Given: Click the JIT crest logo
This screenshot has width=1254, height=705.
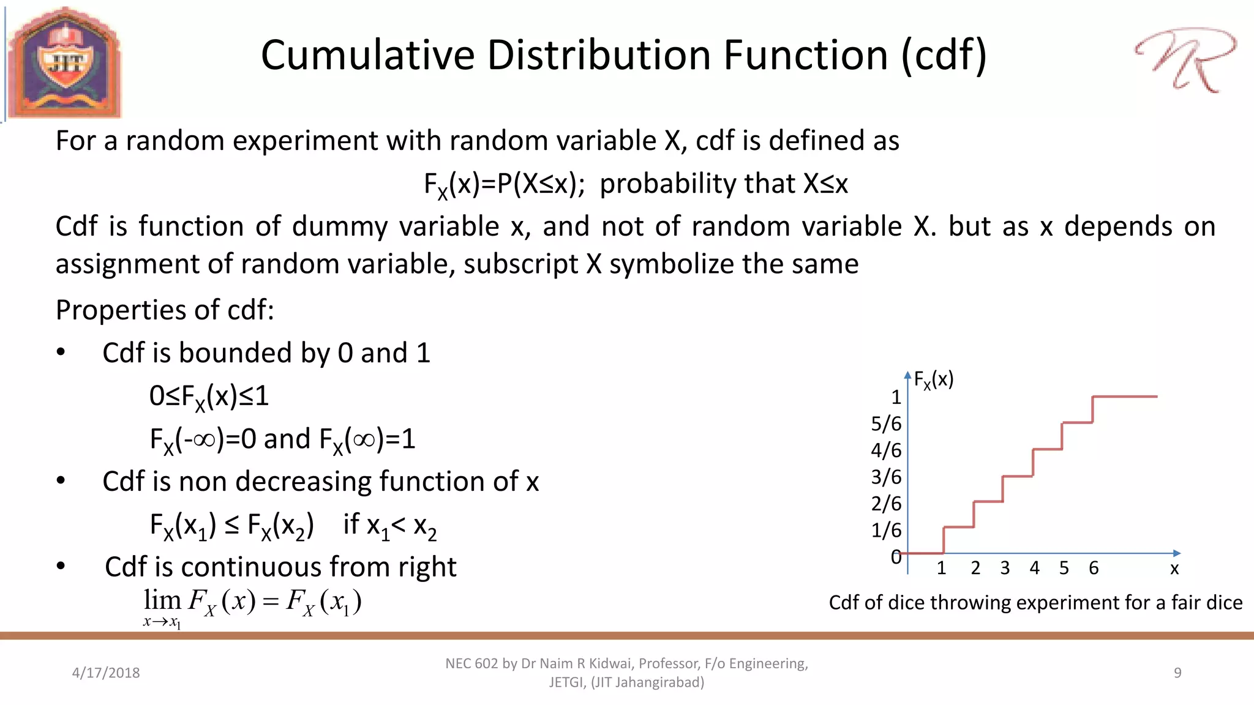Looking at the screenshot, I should click(x=64, y=63).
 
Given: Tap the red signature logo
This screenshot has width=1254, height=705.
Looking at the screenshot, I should click(x=1185, y=60).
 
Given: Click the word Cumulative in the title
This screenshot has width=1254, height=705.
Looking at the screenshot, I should click(x=367, y=55).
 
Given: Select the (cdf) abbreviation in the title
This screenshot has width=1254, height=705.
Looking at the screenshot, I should click(x=944, y=55).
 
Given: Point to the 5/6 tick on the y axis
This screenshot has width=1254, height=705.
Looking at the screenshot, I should click(x=886, y=423).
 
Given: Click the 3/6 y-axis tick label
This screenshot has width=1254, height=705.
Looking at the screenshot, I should click(x=886, y=477).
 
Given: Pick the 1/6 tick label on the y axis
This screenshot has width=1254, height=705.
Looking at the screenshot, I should click(x=886, y=530).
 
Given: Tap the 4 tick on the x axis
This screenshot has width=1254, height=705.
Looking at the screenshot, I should click(x=1034, y=568).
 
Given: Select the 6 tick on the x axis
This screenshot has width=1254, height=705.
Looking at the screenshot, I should click(x=1094, y=568).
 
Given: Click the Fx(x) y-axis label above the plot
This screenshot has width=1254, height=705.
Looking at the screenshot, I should click(x=933, y=380).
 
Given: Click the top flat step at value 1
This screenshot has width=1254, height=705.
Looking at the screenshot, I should click(x=1125, y=397).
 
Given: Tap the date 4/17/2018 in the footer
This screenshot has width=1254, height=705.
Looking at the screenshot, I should click(x=106, y=673).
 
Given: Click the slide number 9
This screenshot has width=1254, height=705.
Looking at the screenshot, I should click(x=1177, y=673).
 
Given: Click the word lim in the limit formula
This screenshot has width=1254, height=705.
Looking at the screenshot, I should click(x=162, y=600).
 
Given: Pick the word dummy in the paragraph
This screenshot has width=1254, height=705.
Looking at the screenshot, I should click(x=339, y=226).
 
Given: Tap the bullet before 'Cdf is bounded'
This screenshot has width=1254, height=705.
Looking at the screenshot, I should click(x=61, y=352).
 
